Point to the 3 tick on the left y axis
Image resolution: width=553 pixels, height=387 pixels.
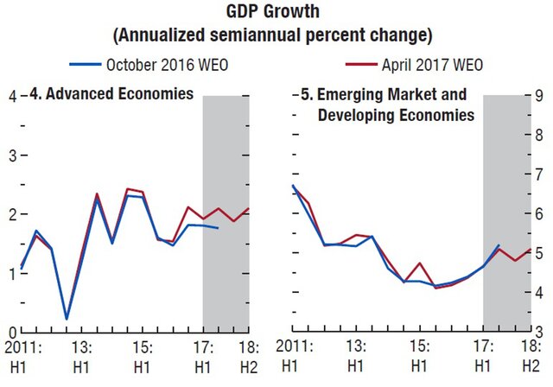[11, 155]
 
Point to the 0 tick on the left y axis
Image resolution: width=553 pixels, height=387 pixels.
[11, 333]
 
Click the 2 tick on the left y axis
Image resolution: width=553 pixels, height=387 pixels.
[11, 214]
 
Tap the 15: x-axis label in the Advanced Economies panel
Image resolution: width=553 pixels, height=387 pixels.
[143, 346]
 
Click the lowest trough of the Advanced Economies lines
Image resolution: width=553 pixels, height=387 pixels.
[67, 319]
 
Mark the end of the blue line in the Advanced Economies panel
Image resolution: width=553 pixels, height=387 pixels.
[218, 227]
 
